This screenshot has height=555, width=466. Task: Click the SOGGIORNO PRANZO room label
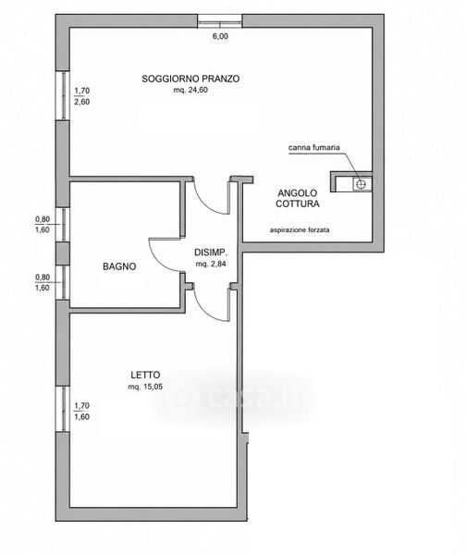coord(190,79)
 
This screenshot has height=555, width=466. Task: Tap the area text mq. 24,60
coord(190,90)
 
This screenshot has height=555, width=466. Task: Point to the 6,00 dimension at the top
coord(220,36)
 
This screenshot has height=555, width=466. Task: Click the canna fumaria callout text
coord(313,147)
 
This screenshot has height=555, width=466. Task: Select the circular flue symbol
coord(361,184)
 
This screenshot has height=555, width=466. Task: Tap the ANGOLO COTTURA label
coord(298,198)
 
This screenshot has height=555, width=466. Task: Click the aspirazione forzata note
coord(300,230)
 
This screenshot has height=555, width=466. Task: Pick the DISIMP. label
coord(211,253)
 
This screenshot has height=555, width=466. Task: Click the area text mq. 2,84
coord(211,264)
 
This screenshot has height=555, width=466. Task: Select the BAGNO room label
coord(119,266)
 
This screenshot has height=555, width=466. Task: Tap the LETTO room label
coord(145,375)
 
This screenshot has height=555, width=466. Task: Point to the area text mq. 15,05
coord(145,387)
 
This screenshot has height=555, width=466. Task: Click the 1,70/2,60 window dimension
coord(81,96)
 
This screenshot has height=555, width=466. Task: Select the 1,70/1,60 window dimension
coord(81,412)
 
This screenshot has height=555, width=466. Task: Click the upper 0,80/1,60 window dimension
coord(43,225)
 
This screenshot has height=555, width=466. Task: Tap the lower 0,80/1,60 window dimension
coord(43,282)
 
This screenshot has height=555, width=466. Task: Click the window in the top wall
coord(220,21)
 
